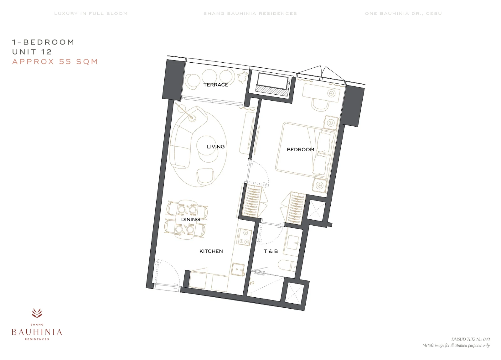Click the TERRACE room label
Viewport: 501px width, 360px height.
[216, 85]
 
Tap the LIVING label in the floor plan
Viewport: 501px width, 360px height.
[216, 147]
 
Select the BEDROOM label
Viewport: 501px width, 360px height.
[300, 149]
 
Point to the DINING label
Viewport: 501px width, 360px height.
[191, 220]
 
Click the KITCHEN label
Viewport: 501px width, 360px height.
[211, 251]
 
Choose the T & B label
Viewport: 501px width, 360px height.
[271, 251]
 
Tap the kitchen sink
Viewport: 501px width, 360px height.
[238, 269]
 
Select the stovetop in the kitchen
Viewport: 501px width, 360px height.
[244, 237]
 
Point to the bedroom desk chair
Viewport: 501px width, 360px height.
[320, 105]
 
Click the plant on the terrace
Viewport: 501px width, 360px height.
[243, 76]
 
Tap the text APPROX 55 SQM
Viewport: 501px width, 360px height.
[55, 61]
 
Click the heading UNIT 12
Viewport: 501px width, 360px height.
[32, 52]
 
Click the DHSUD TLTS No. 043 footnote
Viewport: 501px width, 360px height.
[470, 339]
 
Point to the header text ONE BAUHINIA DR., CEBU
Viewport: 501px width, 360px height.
[403, 14]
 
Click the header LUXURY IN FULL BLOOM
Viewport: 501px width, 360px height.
[91, 14]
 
